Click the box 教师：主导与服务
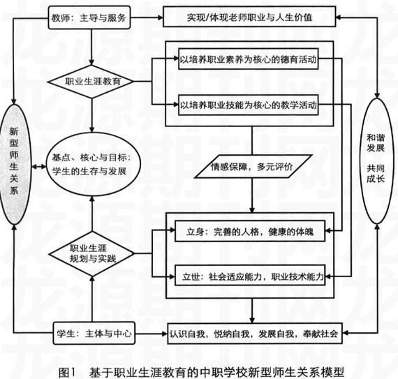89,17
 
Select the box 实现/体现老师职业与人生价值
249,17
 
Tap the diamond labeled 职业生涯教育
91,82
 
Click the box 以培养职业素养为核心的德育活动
249,59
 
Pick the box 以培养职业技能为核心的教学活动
249,105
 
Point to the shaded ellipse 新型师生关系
15,165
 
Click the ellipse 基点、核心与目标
93,165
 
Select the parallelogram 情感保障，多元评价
253,166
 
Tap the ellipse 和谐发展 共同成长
376,161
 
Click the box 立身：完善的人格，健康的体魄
250,231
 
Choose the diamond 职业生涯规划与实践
92,253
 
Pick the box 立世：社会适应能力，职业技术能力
250,276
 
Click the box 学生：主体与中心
94,334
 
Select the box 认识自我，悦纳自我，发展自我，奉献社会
255,334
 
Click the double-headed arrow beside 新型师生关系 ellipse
39,167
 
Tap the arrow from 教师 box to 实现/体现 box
147,17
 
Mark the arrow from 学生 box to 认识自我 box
152,334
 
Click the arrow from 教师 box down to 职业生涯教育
91,47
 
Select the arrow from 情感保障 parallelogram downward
252,195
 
